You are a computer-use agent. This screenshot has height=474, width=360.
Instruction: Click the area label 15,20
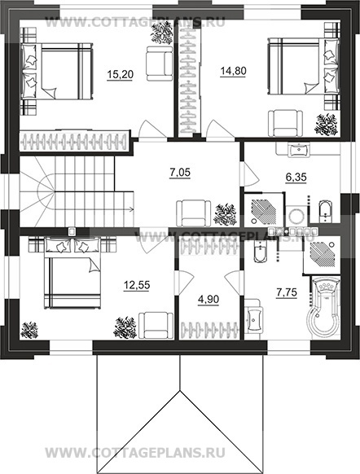[x=120, y=74]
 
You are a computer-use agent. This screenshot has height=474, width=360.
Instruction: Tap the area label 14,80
[x=234, y=72]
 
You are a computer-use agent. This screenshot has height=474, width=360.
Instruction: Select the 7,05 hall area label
[x=180, y=173]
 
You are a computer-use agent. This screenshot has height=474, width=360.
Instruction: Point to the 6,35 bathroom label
[x=296, y=178]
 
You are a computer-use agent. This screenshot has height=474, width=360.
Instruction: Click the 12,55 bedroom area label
[x=137, y=285]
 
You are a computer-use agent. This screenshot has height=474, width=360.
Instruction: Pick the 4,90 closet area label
[x=209, y=300]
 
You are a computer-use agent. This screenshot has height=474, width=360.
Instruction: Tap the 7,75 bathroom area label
[x=287, y=292]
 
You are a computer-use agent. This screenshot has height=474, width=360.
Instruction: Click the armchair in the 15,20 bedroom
[x=160, y=64]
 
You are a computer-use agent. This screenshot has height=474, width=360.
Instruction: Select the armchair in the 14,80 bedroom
[x=286, y=123]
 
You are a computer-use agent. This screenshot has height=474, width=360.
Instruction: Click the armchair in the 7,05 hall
[x=194, y=213]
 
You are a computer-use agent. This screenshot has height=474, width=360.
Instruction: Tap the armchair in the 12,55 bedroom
[x=156, y=326]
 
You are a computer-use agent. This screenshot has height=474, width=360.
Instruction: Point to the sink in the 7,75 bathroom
[x=253, y=316]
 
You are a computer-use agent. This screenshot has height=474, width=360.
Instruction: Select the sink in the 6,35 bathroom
[x=299, y=150]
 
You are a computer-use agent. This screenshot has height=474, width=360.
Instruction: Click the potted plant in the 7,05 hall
[x=225, y=214]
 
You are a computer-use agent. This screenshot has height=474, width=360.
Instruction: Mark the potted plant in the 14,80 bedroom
[x=326, y=125]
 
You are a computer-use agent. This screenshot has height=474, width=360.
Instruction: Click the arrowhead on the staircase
[x=132, y=208]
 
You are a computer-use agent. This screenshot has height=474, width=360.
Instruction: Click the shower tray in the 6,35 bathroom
[x=263, y=210]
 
